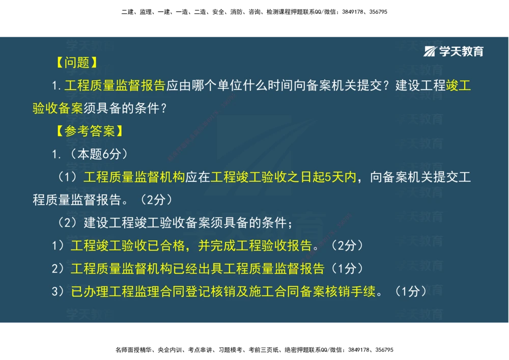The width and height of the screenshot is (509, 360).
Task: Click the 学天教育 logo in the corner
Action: coord(454,51)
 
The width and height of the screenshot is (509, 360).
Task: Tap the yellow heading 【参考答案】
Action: coord(90,131)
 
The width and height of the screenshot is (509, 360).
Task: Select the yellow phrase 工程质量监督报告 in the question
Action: coord(115,86)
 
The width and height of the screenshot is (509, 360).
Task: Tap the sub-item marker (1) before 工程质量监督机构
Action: coord(68,177)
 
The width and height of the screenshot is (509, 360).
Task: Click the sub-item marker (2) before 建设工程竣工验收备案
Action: coord(68,223)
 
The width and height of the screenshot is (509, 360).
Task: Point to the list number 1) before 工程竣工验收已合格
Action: coord(58,245)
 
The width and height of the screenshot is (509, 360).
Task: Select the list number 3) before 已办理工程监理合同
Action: coord(58,291)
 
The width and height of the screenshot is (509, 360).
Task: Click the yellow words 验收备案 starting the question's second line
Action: coord(58,108)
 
